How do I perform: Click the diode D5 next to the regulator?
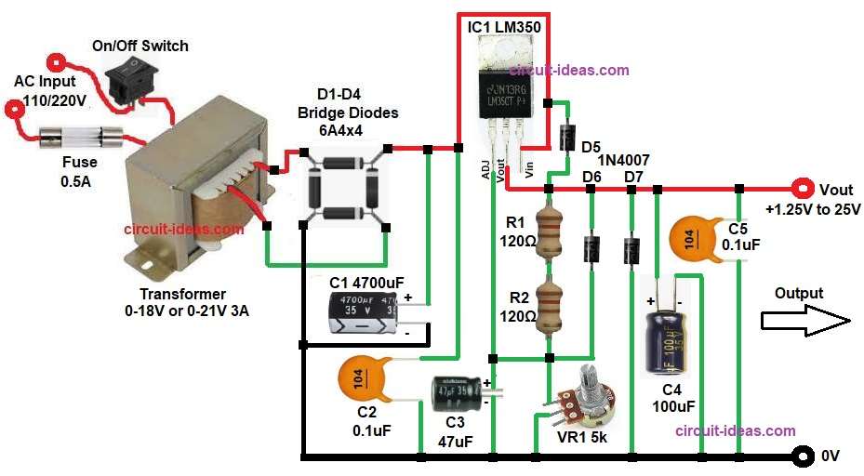tap(565, 138)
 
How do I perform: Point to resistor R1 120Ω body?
tap(550, 231)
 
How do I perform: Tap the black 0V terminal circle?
tap(800, 456)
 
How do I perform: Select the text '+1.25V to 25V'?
tap(813, 209)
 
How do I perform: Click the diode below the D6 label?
tap(591, 249)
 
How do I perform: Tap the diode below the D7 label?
tap(631, 250)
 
